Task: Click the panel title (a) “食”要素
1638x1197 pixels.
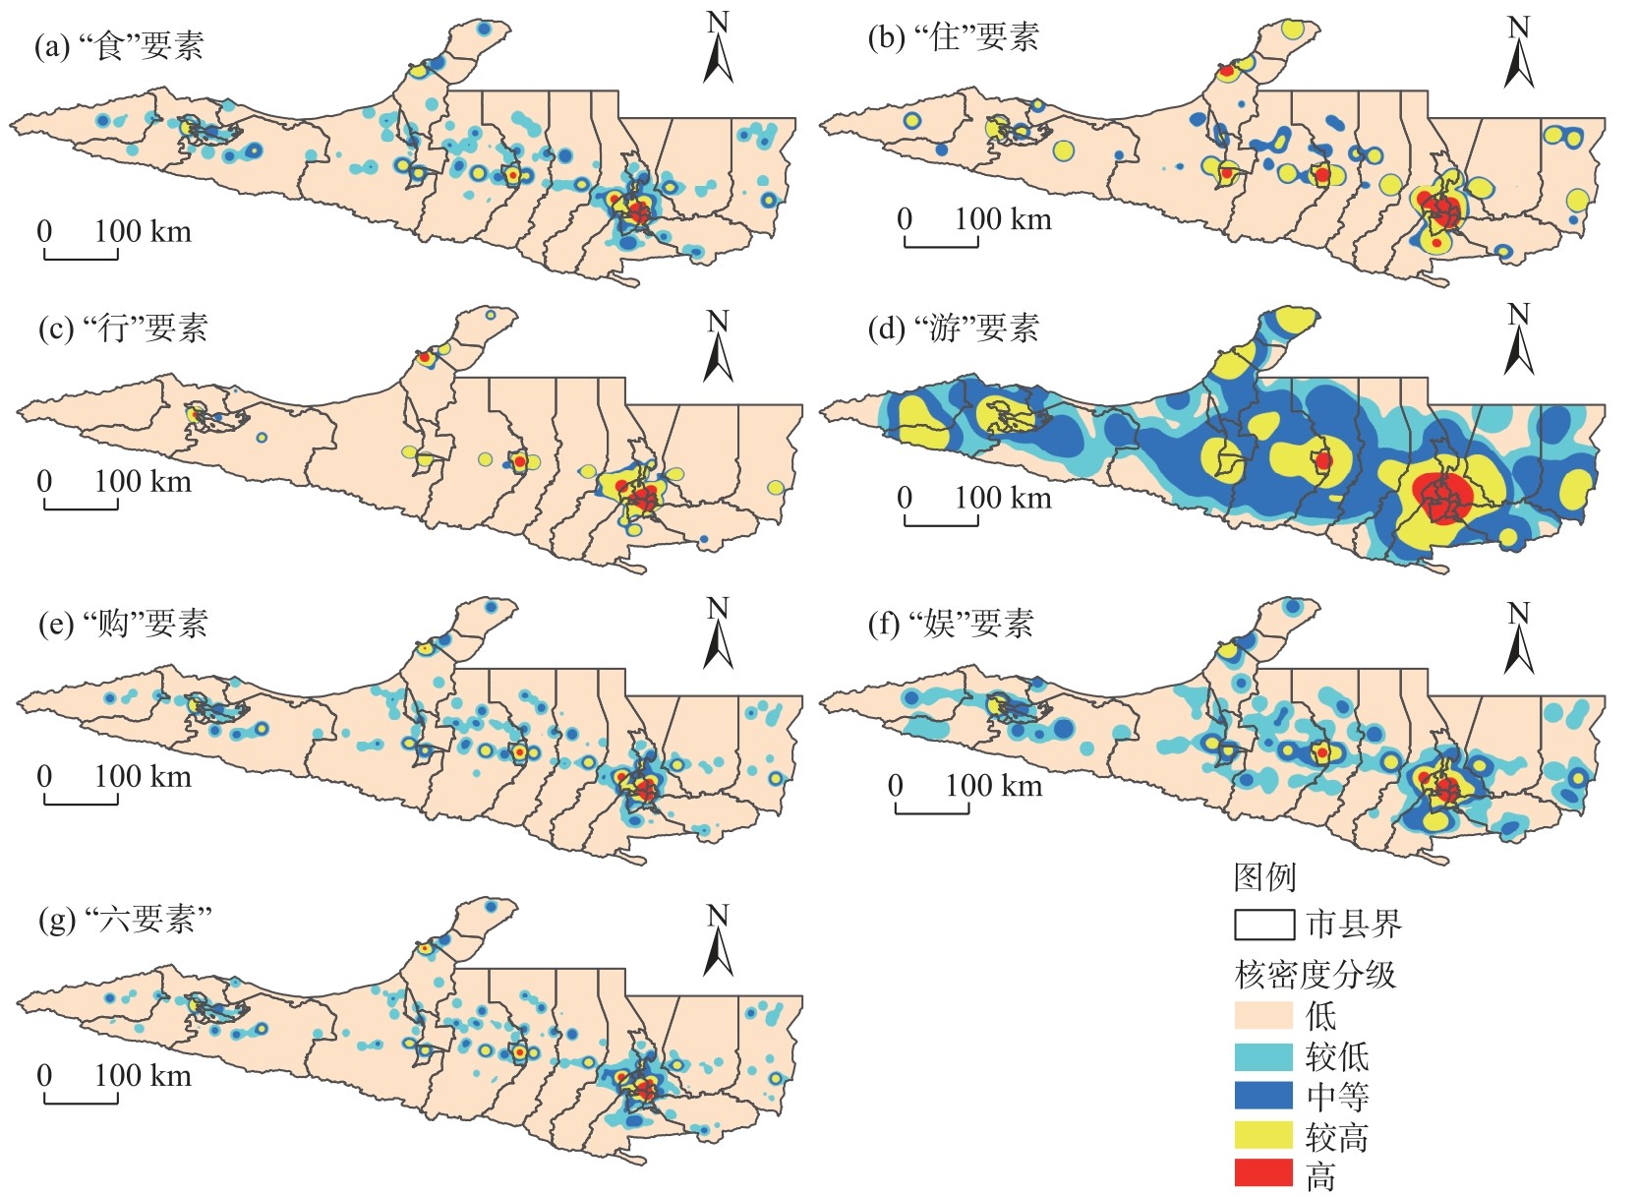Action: tap(118, 46)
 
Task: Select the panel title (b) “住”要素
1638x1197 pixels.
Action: tap(953, 37)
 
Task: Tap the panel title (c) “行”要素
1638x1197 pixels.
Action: tap(123, 328)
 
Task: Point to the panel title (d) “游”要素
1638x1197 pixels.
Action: tap(953, 328)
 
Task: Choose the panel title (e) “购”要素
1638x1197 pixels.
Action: tap(123, 623)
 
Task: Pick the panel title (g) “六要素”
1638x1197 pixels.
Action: tap(125, 919)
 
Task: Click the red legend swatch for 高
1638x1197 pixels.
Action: tap(1263, 1173)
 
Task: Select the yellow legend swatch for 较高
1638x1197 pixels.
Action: tap(1263, 1135)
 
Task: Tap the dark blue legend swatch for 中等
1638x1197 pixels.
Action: tap(1263, 1095)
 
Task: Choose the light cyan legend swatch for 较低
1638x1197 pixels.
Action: tap(1263, 1056)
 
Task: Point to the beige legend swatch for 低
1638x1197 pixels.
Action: tap(1263, 1015)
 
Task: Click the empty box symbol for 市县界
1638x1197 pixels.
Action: tap(1263, 925)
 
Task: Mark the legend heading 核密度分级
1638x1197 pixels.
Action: tap(1315, 974)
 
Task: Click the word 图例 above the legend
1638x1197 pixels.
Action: tap(1264, 876)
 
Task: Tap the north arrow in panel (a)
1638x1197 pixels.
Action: tap(718, 51)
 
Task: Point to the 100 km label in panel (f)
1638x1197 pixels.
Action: tap(993, 786)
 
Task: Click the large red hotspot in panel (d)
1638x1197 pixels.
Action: tap(1443, 497)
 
